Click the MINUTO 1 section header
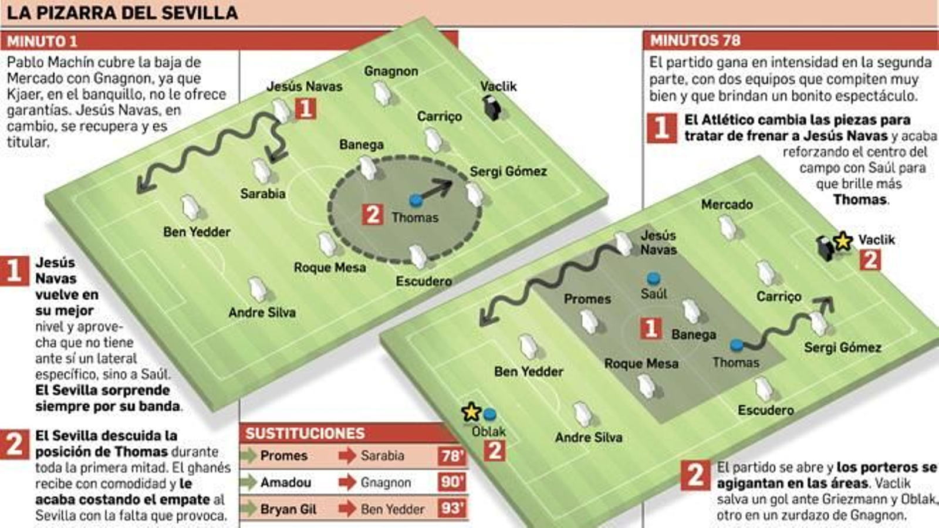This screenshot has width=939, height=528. tap(42, 41)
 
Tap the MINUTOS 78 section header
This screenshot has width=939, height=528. tap(695, 40)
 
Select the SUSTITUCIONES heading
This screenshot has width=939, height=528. tap(305, 434)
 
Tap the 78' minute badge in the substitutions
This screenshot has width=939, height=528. tap(451, 456)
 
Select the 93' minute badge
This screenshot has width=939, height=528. tap(451, 508)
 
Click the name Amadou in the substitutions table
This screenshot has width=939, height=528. tap(285, 482)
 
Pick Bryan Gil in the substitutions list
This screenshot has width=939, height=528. tap(288, 509)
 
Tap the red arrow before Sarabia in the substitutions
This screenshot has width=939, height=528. tap(347, 456)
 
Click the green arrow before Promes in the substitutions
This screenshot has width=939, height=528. tap(249, 456)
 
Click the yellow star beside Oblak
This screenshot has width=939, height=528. tap(471, 412)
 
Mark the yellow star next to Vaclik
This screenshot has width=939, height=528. tap(843, 241)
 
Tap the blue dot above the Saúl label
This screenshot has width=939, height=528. tap(653, 278)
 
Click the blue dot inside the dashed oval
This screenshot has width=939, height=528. tap(416, 201)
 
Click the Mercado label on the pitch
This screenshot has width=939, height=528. tap(727, 205)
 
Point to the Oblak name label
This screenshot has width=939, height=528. tap(488, 432)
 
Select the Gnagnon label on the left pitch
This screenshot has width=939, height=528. tap(391, 71)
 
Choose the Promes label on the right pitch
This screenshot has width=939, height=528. tap(587, 299)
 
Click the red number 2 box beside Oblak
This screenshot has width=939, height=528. tap(495, 451)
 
